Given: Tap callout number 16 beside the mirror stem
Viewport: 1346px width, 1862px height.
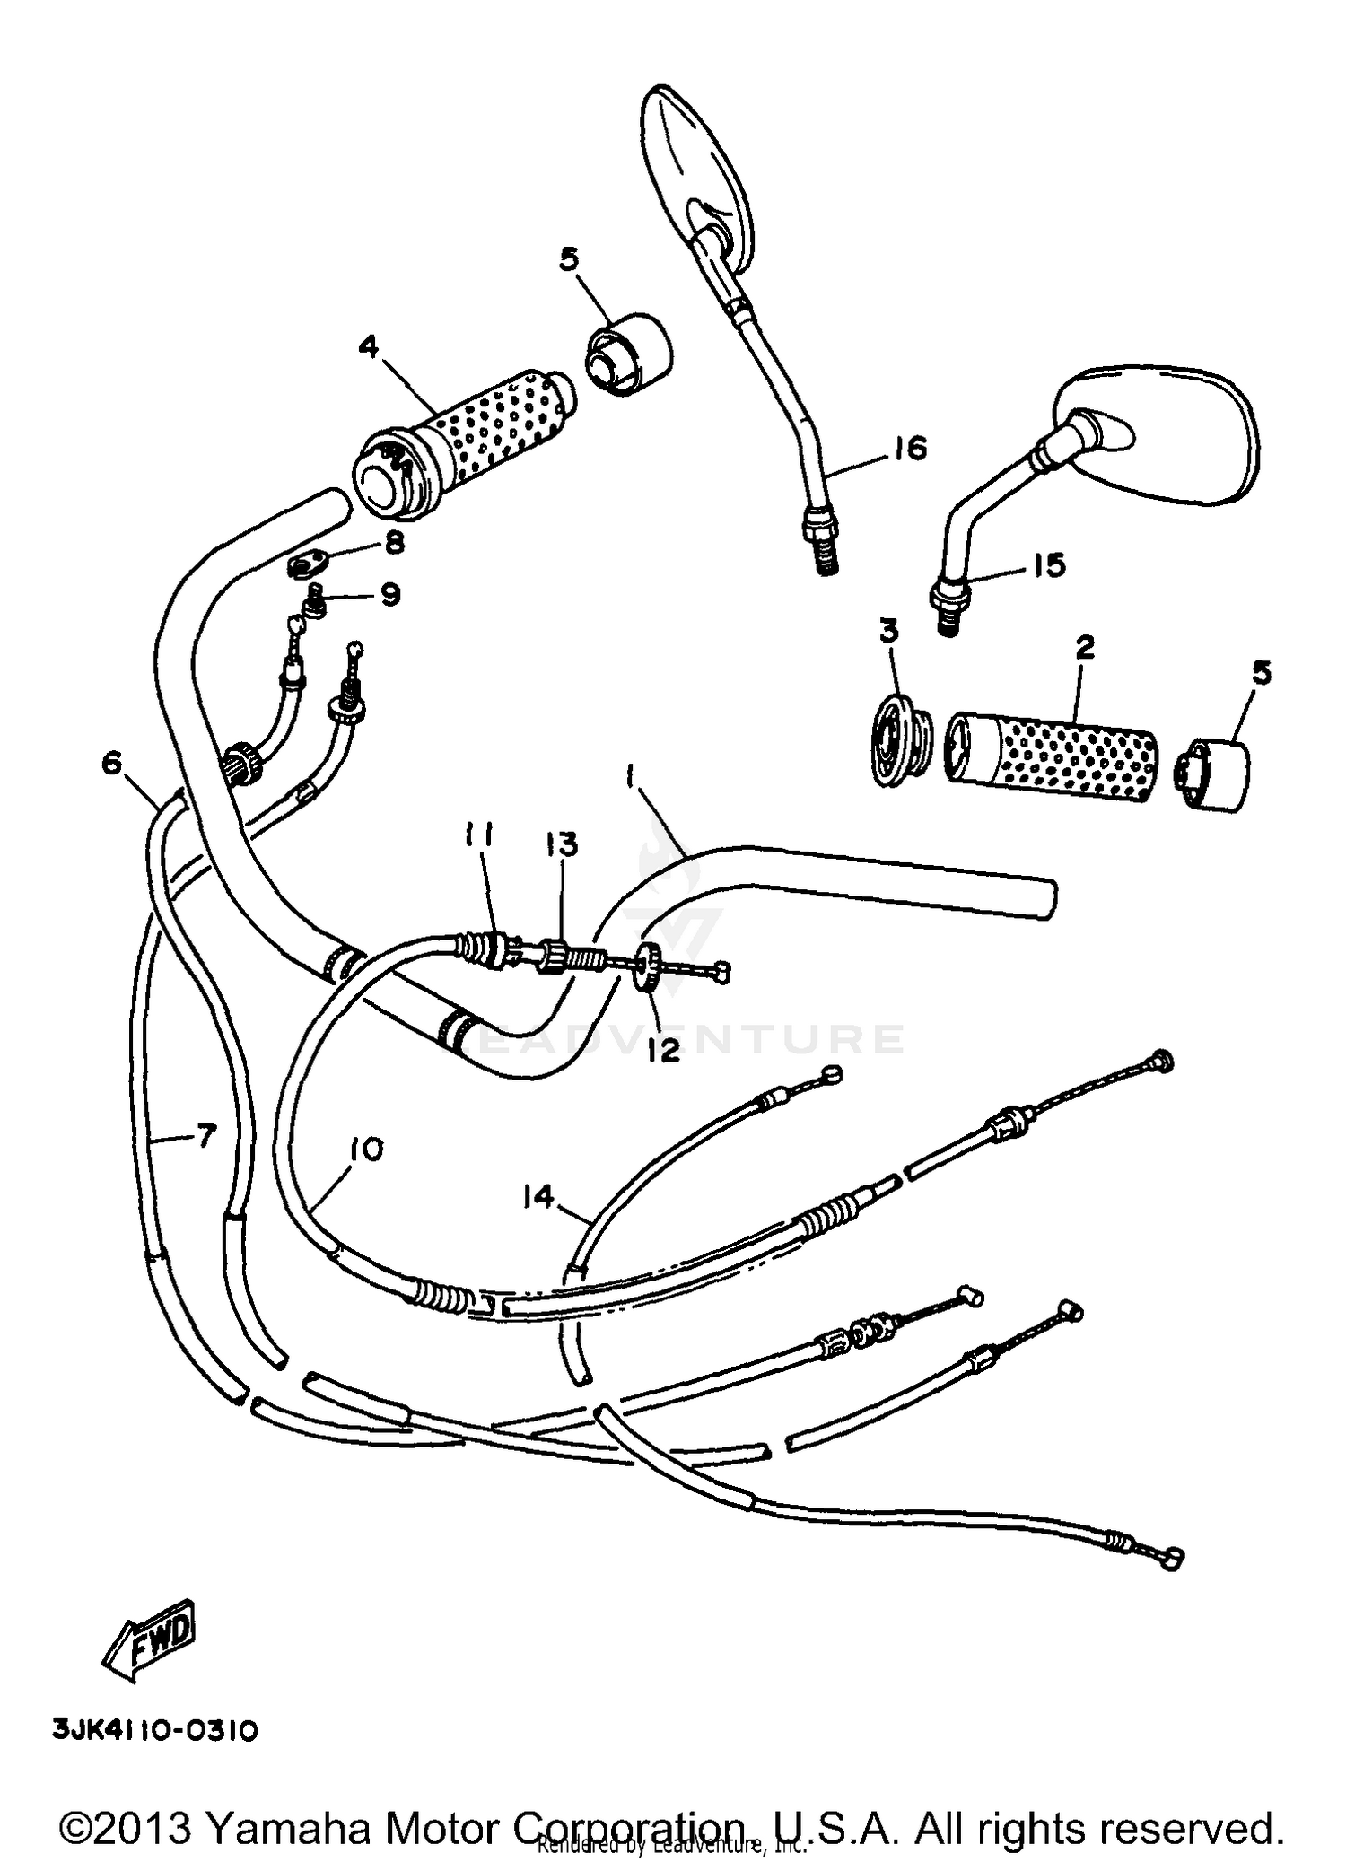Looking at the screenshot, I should click(909, 448).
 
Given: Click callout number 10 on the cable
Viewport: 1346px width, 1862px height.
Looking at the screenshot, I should click(366, 1149).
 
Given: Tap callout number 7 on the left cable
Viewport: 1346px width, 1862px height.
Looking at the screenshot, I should click(205, 1137).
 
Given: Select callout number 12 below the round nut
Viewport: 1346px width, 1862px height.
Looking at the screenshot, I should click(664, 1050).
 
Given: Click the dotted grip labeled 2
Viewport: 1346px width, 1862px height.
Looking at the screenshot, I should click(1050, 744).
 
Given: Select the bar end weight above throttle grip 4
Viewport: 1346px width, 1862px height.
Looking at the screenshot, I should click(630, 354).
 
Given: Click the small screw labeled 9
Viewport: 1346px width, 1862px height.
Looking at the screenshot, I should click(315, 602).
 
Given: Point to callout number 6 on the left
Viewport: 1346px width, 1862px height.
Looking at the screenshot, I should click(111, 763).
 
